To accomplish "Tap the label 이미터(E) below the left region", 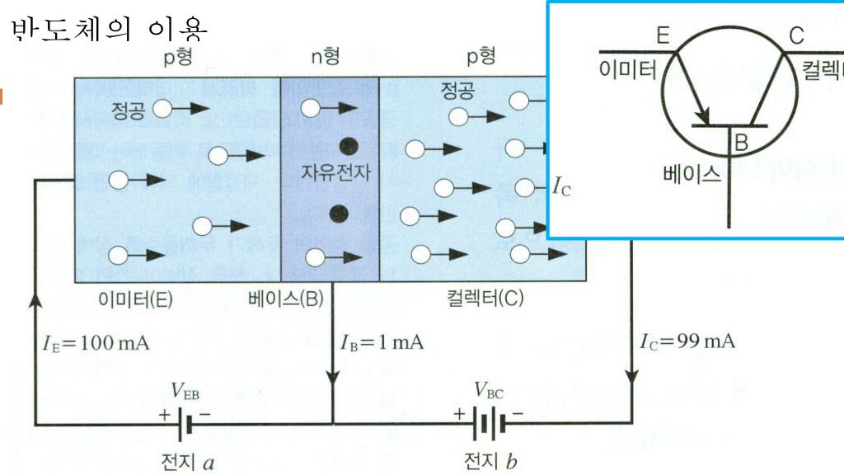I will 135,299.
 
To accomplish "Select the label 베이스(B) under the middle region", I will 286,299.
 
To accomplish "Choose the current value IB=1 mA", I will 382,341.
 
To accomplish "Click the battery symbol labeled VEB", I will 187,421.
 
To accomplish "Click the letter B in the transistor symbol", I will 740,143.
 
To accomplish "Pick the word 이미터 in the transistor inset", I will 628,69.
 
